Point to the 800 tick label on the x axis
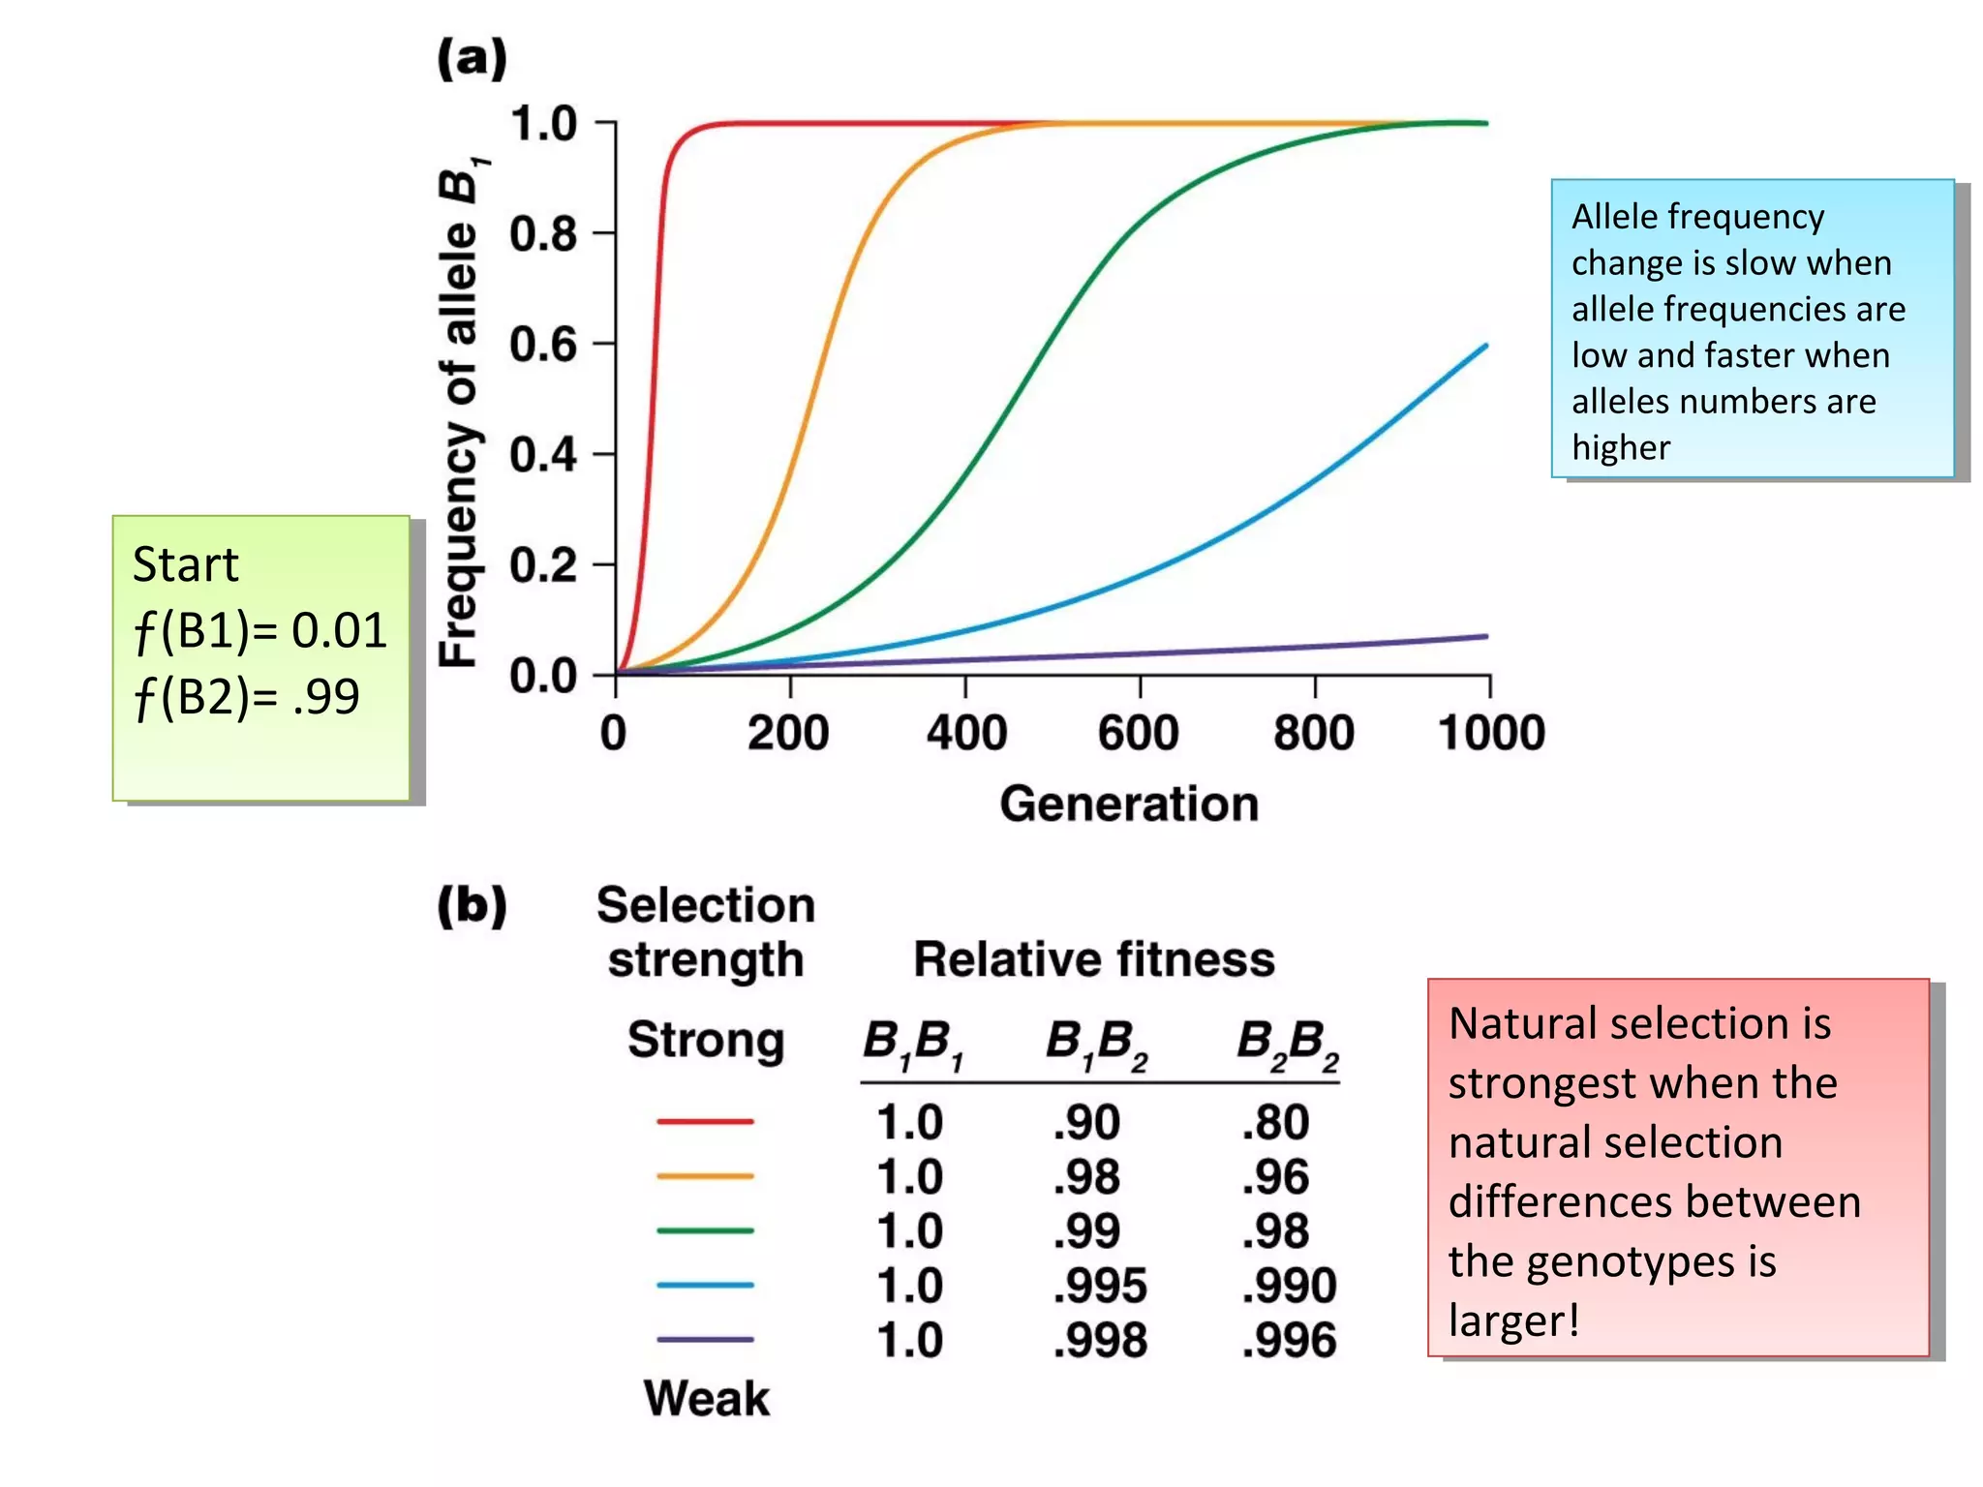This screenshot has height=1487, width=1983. pos(1313,733)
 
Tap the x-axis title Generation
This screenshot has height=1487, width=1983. pos(1129,804)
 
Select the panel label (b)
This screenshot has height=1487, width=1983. pos(472,905)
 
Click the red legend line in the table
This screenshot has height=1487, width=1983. pos(705,1121)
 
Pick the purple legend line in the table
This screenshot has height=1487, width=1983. pos(705,1340)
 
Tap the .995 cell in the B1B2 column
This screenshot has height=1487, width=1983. pos(1099,1286)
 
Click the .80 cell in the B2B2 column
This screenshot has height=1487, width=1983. pos(1275,1123)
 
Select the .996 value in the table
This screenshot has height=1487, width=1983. pos(1289,1341)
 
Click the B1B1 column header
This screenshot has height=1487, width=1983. pos(912,1044)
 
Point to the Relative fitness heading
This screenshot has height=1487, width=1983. pos(1094,960)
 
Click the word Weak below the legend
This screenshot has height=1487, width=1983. pos(707,1399)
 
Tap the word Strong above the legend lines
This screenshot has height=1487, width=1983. pos(706,1041)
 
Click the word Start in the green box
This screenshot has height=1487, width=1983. pos(185,564)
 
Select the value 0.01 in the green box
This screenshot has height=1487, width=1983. pos(339,630)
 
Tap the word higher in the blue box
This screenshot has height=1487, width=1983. pos(1621,448)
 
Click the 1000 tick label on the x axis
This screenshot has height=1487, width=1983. pos(1491,733)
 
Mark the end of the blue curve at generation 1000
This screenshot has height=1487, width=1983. pos(1485,346)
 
